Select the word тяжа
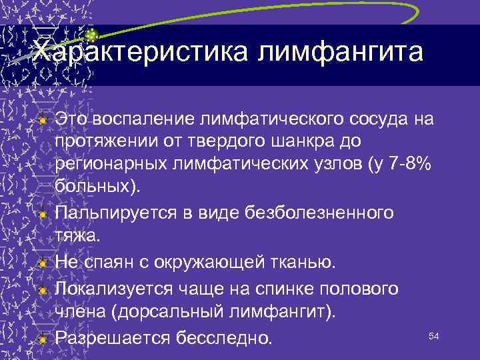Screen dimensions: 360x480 tap(77, 237)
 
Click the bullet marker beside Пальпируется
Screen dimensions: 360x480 tap(42, 215)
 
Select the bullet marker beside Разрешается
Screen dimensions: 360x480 tap(42, 339)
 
